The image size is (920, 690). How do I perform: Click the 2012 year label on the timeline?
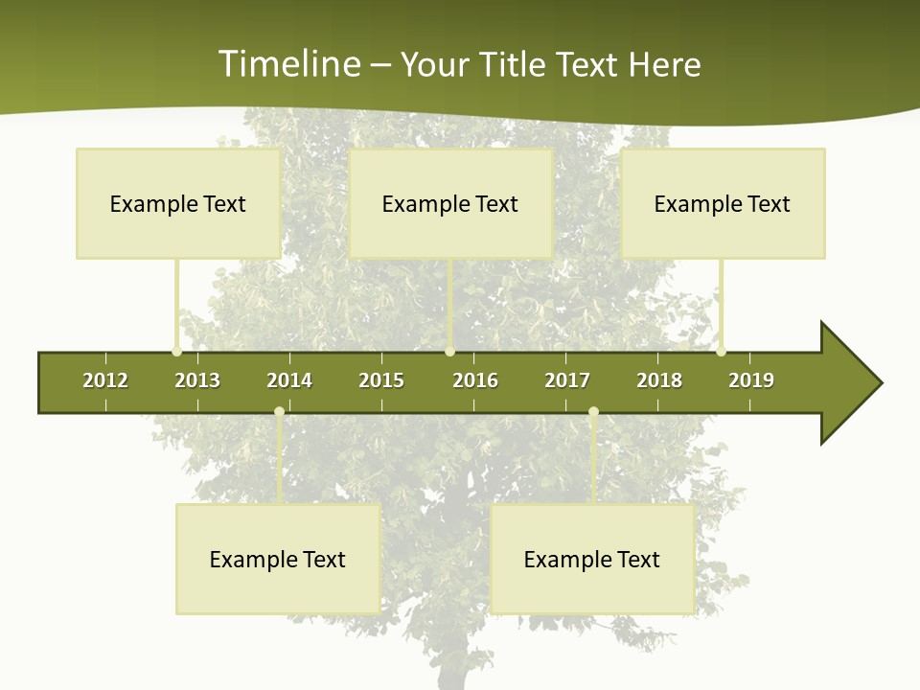(x=105, y=380)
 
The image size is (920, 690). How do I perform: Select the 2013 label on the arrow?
(x=197, y=380)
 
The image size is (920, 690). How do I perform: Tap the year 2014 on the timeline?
(x=289, y=380)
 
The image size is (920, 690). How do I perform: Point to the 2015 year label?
(x=381, y=380)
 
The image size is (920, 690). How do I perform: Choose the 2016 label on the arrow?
(x=475, y=380)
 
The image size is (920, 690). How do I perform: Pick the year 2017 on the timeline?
(x=567, y=380)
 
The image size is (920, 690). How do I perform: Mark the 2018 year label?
(x=659, y=380)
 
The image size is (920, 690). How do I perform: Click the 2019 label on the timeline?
(x=751, y=380)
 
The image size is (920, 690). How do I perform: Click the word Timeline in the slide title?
(x=287, y=64)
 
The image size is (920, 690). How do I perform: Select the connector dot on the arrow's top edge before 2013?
(x=176, y=352)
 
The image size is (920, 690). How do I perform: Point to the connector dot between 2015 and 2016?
(x=449, y=352)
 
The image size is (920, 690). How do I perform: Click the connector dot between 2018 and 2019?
(x=721, y=352)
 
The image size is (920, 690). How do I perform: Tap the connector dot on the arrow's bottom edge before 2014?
(x=279, y=412)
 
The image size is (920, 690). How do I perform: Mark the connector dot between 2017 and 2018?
(x=593, y=412)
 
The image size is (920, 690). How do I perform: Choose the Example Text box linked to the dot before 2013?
(x=178, y=203)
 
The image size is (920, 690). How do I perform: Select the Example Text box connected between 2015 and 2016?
(x=450, y=203)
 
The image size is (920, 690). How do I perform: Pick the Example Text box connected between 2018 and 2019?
(x=723, y=203)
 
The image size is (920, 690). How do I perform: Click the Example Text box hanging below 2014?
(x=278, y=559)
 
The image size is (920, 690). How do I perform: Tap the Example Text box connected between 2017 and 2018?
(x=592, y=559)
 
